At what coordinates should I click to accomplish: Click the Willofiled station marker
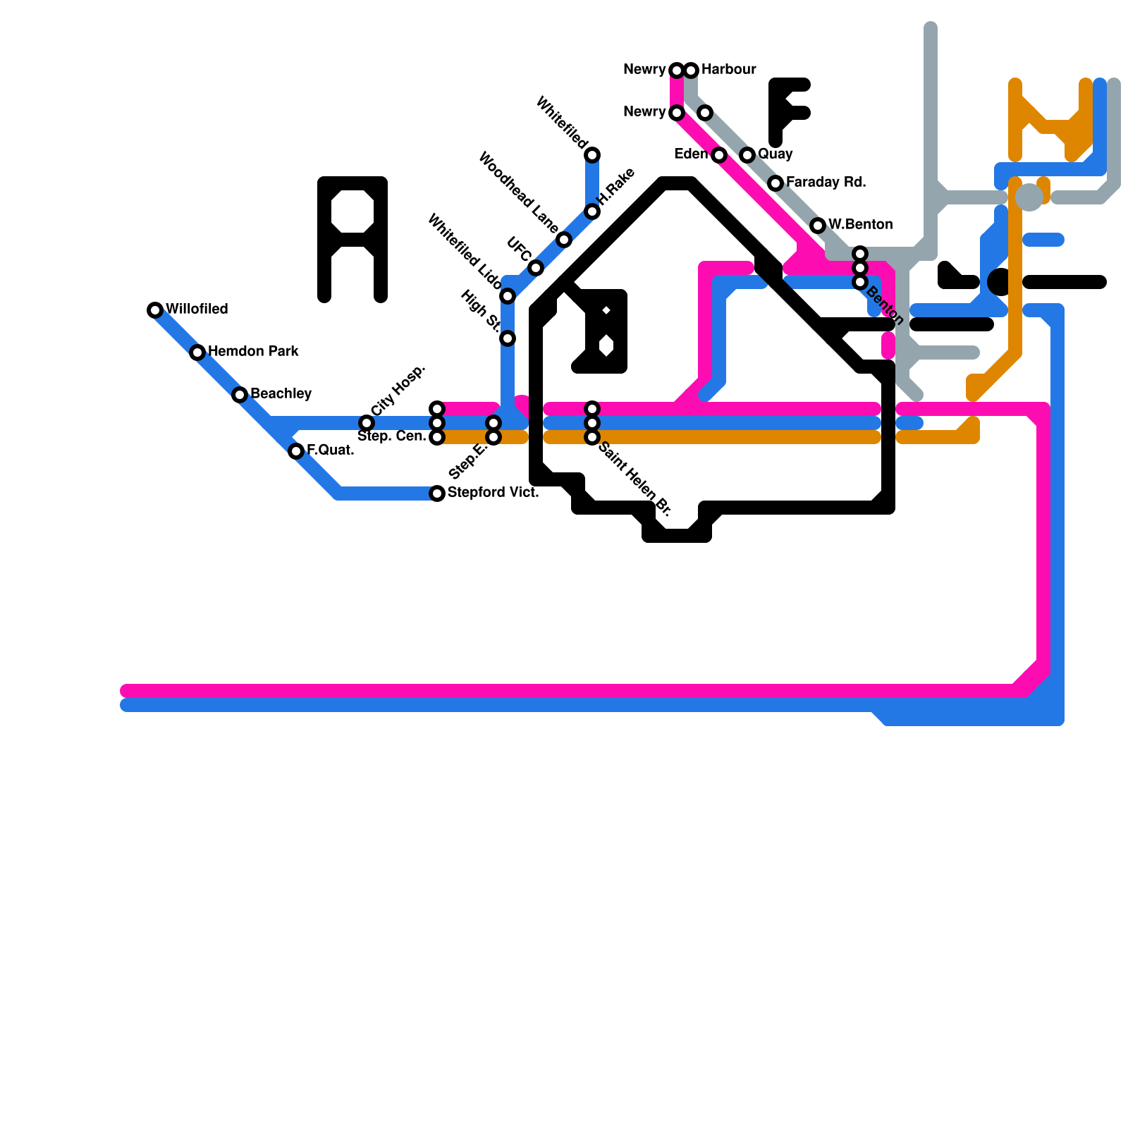155,310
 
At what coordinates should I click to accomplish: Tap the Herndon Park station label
253,351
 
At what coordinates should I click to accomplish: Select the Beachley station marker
240,395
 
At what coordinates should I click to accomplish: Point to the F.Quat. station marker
296,451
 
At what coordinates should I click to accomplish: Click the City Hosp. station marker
367,423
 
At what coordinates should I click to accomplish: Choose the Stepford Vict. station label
493,492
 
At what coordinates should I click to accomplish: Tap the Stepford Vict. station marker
437,493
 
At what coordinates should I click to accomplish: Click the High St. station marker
508,338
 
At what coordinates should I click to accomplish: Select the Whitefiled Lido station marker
508,296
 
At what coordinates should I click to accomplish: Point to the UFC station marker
536,268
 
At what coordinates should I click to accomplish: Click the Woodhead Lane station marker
564,240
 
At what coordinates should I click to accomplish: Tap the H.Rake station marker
592,211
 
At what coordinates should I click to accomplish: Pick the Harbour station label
728,69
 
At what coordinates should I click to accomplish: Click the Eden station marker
719,155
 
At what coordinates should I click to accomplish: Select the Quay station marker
747,155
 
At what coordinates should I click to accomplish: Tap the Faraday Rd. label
826,182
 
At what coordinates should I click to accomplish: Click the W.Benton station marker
818,226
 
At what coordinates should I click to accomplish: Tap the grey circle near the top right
1029,197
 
